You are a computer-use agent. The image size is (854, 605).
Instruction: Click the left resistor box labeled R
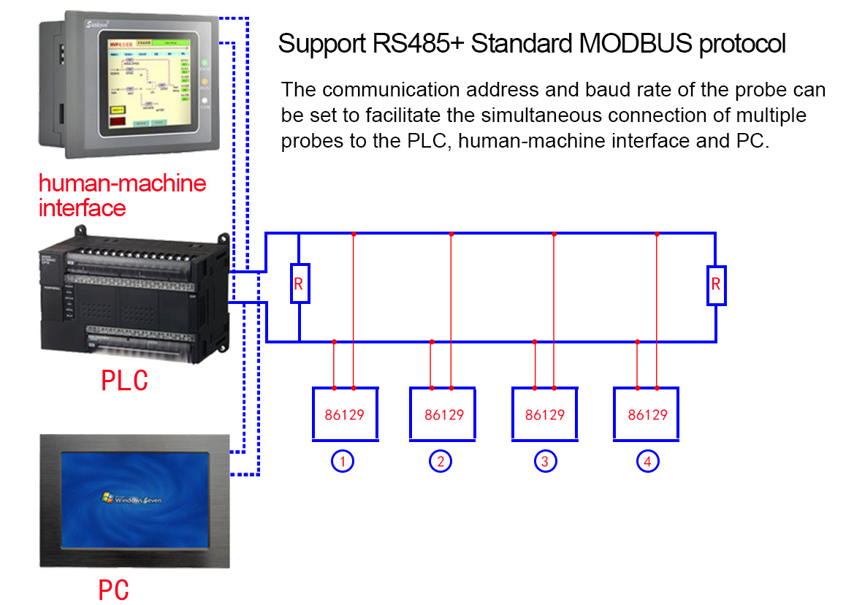(x=299, y=283)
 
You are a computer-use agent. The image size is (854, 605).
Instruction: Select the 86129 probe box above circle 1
(x=345, y=414)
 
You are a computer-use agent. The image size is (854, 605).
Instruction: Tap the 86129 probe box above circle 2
(x=443, y=414)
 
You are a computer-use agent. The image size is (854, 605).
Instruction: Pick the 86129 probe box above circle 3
(x=545, y=414)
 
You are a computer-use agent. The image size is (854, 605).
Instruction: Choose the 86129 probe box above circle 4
(x=647, y=414)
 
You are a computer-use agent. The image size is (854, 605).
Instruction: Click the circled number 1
(x=343, y=462)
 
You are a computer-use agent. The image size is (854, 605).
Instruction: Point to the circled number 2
(x=441, y=462)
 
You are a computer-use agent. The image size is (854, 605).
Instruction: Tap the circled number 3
(x=544, y=462)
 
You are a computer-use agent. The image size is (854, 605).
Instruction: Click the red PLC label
(x=124, y=381)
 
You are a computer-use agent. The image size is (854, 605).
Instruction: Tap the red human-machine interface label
(x=122, y=195)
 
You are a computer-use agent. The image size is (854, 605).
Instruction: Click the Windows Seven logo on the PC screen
(x=132, y=499)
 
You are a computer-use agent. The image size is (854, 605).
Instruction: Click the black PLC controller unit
(x=135, y=300)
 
